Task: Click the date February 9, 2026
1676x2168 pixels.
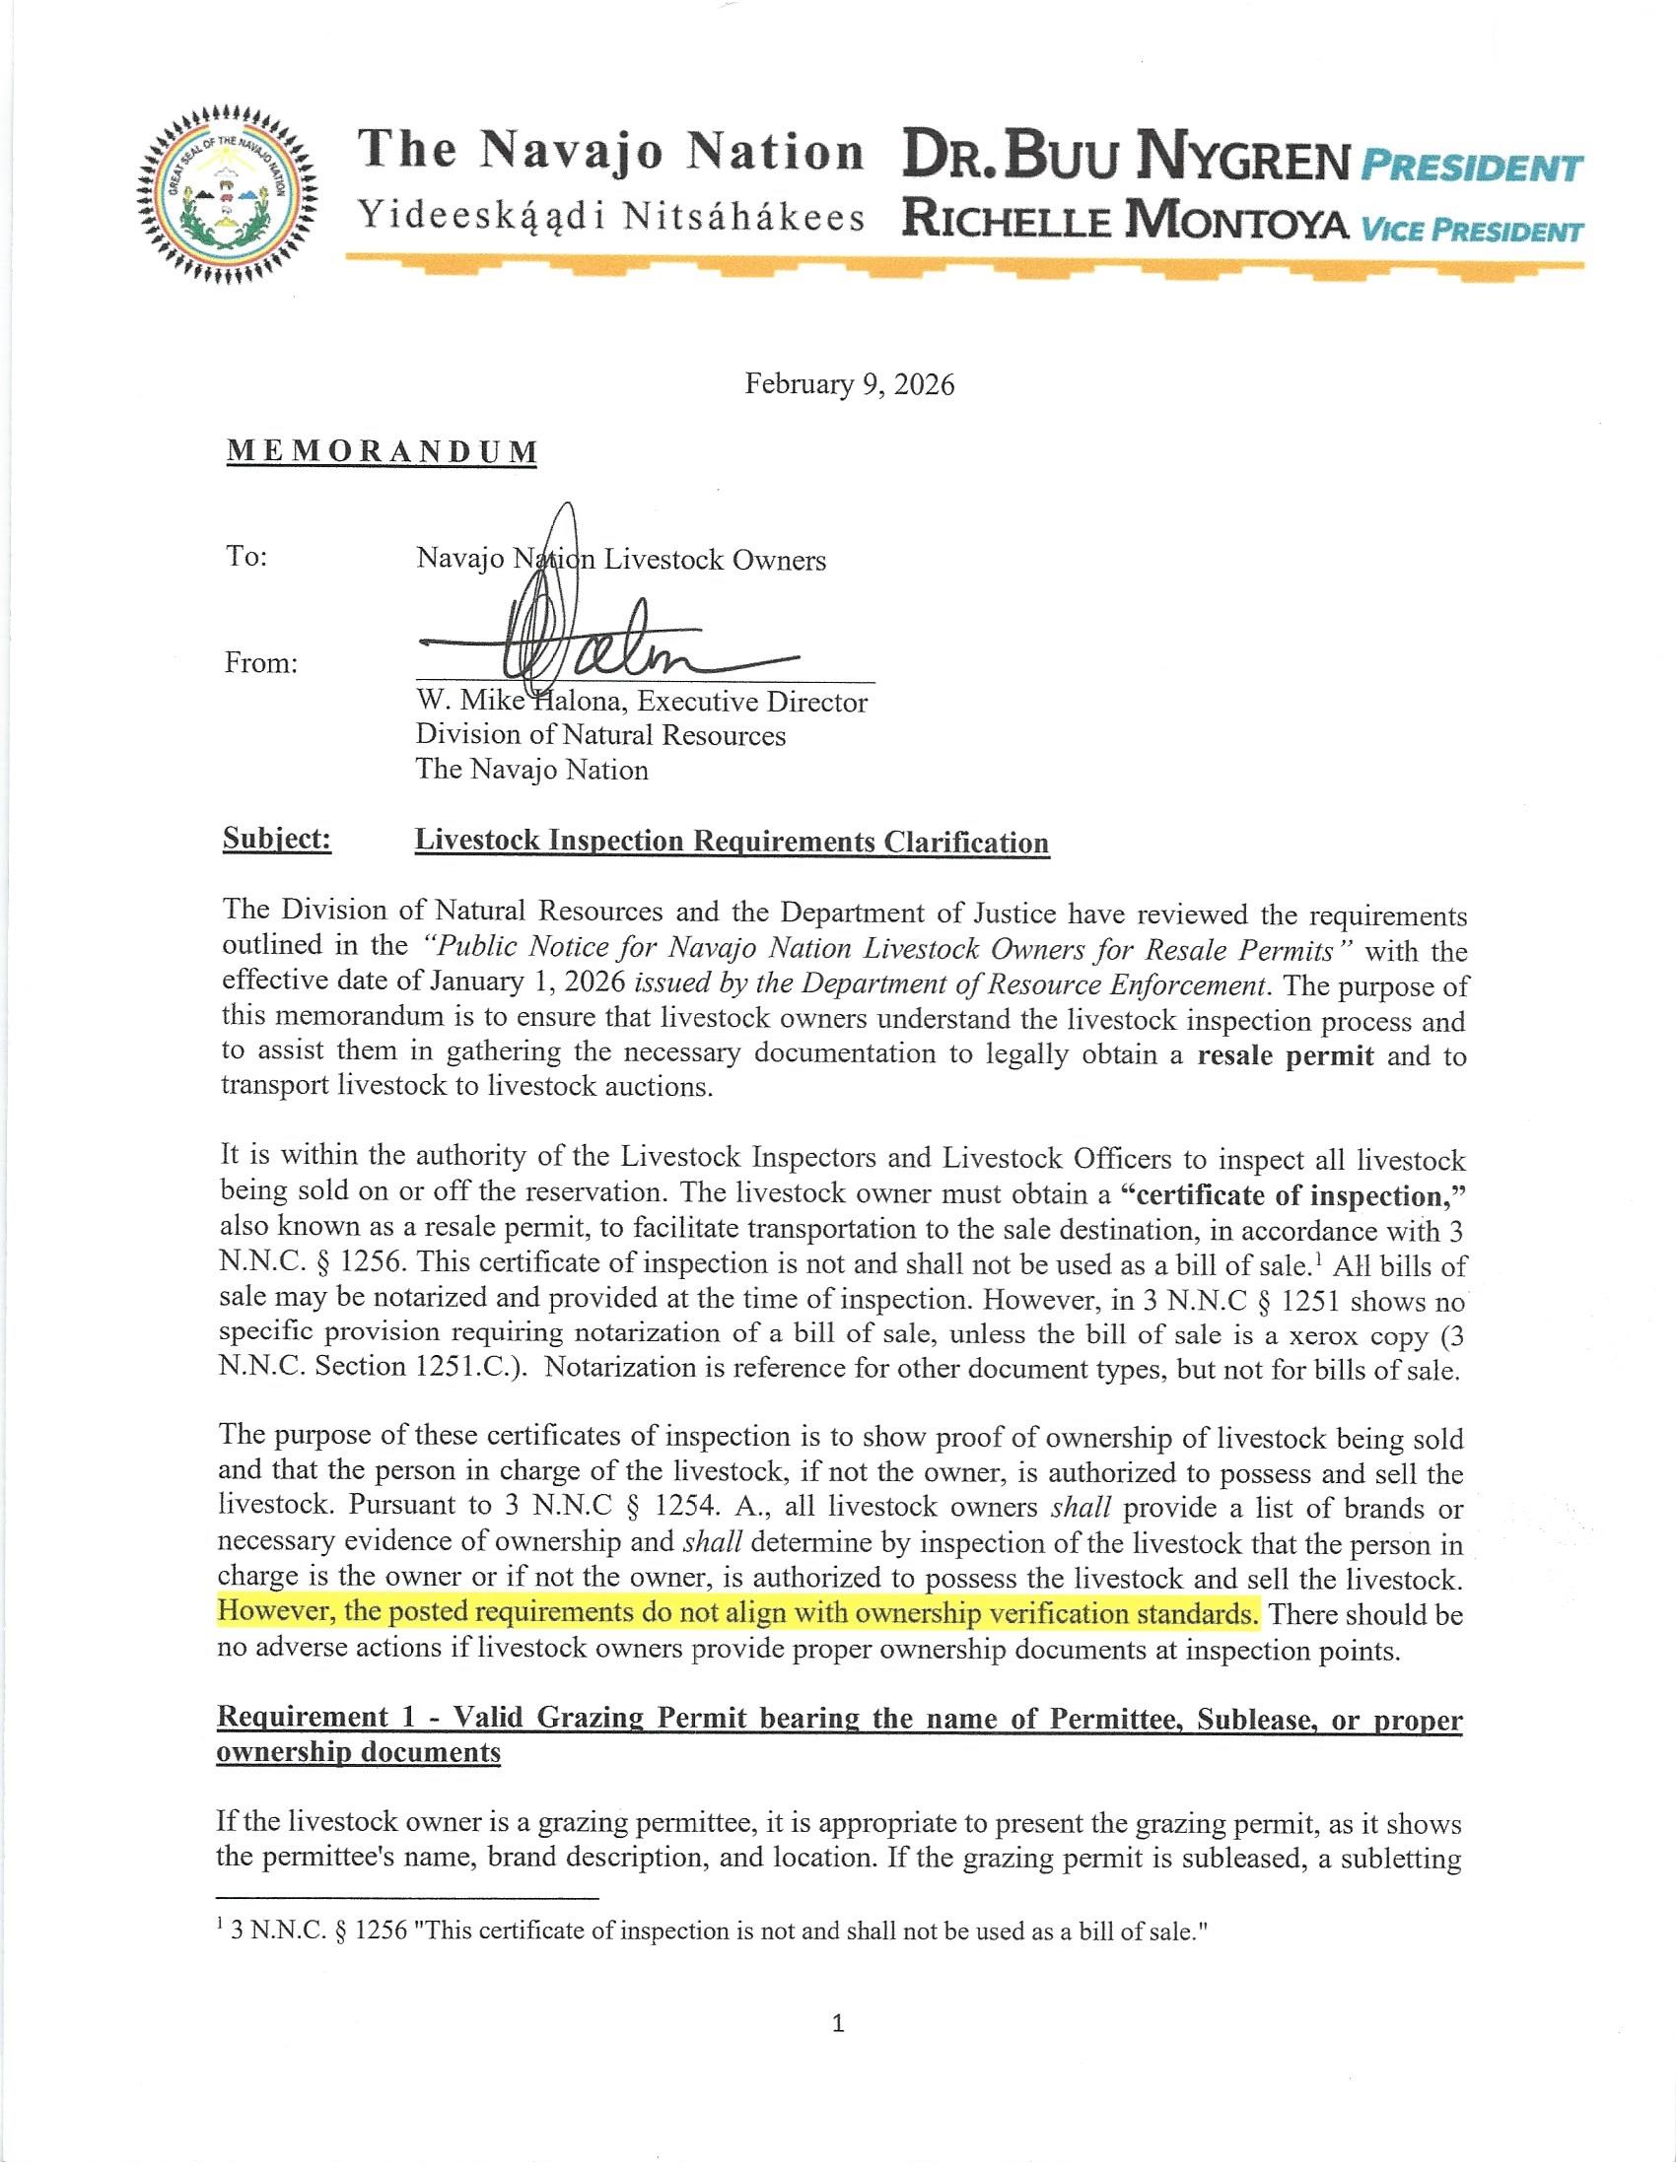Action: click(x=849, y=385)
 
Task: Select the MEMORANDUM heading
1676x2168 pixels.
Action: click(x=383, y=451)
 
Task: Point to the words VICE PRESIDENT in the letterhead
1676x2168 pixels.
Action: click(x=1471, y=233)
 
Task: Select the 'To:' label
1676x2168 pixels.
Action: click(x=246, y=556)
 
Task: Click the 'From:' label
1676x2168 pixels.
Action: click(x=261, y=662)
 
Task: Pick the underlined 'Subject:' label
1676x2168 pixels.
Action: click(x=276, y=840)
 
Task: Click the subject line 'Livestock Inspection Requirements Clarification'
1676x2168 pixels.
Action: click(x=732, y=842)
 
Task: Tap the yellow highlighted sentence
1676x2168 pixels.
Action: click(x=737, y=1613)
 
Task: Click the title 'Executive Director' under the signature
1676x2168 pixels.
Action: click(x=751, y=703)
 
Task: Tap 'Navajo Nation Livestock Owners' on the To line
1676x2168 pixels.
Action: click(x=620, y=560)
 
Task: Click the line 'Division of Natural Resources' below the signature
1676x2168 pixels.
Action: click(x=599, y=735)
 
